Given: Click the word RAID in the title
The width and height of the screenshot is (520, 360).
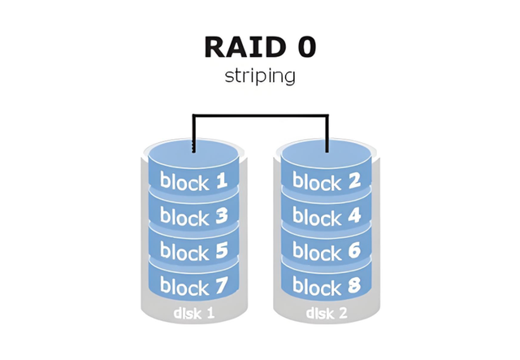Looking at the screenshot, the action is (245, 47).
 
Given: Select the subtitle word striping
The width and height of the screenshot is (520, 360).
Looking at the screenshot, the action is (260, 76).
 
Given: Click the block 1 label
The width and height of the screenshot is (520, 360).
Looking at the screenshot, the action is (193, 181).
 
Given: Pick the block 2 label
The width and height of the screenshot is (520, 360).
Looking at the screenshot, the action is (327, 181).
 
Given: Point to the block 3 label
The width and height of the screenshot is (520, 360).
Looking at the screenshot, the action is (194, 216).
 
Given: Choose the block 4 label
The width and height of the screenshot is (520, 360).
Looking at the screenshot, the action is (327, 216).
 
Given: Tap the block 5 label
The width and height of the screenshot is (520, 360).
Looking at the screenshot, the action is (194, 251).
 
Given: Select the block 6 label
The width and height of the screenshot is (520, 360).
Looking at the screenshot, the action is (327, 251).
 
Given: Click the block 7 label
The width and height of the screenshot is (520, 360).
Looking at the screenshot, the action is (194, 286).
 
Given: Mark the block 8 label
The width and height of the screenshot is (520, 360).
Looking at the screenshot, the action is (327, 286).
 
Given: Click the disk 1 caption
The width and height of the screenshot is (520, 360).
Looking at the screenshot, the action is (194, 313).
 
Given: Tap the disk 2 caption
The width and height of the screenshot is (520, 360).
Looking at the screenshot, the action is (327, 313).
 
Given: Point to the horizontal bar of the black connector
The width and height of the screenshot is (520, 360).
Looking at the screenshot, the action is (261, 115).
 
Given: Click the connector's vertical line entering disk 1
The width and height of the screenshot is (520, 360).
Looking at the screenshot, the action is (193, 133).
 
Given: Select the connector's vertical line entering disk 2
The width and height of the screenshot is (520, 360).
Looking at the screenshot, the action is (327, 133).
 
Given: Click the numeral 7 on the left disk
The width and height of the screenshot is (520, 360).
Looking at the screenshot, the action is (221, 285).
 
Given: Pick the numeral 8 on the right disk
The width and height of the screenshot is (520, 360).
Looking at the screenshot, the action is (354, 285).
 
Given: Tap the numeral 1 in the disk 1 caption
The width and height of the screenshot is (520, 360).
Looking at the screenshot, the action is (210, 313).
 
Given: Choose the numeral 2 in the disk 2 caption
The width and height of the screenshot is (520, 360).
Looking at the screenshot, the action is (343, 313).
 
